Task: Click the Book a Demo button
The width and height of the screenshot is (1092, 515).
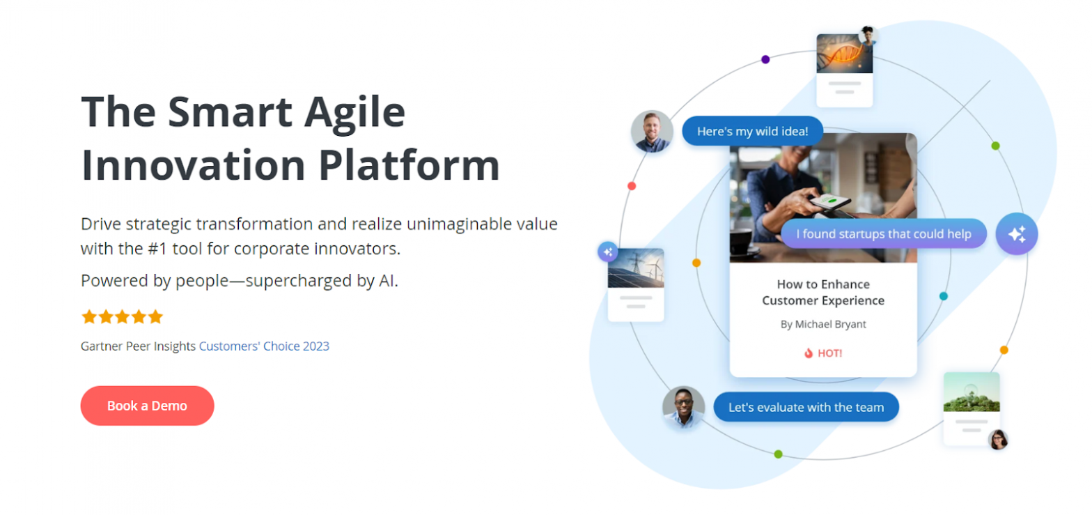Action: coord(147,406)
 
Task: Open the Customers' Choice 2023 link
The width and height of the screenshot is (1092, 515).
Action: coord(264,346)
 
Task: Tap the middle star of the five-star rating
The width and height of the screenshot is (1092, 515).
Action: coord(122,317)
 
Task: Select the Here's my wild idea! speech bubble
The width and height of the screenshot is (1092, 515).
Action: coord(752,131)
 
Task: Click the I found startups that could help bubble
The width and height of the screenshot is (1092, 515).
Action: coord(883,233)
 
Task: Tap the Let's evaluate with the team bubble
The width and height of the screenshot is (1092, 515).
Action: coord(806,407)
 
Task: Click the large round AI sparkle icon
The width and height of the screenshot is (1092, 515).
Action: coord(1016,234)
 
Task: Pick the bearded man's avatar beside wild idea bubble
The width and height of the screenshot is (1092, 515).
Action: coord(652,131)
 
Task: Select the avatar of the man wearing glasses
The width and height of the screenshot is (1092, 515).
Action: coord(683,407)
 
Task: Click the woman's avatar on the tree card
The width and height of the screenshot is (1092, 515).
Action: coord(998,440)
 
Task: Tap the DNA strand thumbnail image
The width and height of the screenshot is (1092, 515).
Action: coord(844,54)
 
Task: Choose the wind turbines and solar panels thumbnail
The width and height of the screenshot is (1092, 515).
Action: coord(635,268)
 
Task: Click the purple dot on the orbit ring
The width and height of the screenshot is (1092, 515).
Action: coord(765,59)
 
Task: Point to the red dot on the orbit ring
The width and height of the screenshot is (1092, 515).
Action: coord(632,186)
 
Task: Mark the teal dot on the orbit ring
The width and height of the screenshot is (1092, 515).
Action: coord(944,296)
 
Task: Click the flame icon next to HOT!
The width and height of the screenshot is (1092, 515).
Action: coord(809,353)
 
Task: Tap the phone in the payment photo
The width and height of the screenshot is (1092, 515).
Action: coord(830,203)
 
